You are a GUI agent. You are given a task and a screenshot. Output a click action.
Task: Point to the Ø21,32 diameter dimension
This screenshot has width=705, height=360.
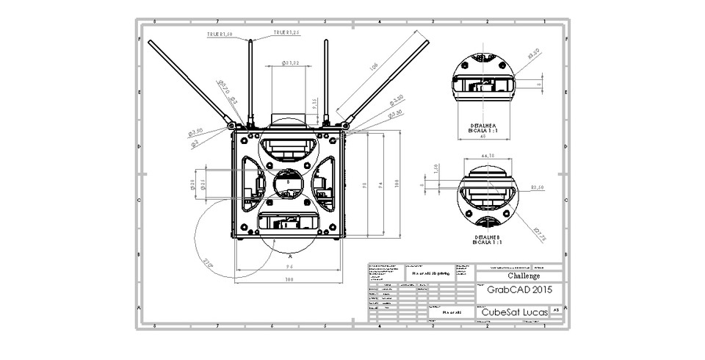pos(290,64)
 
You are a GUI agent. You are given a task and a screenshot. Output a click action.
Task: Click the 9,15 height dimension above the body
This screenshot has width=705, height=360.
pos(314,104)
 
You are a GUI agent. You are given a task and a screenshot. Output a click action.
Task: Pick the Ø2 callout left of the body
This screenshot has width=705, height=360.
pos(195,143)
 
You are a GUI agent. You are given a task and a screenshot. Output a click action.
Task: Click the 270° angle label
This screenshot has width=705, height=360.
pos(209,262)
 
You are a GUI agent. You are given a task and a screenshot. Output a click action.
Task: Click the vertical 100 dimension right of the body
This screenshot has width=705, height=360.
pos(397,184)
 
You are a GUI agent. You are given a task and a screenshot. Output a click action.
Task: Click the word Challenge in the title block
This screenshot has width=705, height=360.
pos(523,276)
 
